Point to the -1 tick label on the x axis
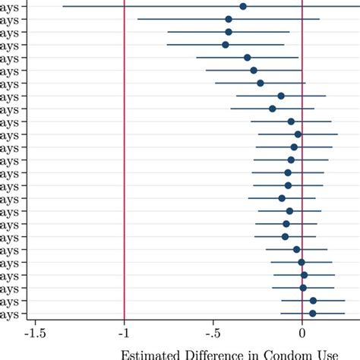click(125, 333)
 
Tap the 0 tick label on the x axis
click(302, 333)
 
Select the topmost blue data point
click(243, 6)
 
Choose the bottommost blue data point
click(312, 313)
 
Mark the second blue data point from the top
click(229, 19)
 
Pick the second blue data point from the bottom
click(313, 301)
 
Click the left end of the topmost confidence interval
click(63, 6)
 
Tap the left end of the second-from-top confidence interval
click(137, 19)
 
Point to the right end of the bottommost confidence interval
click(345, 313)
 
